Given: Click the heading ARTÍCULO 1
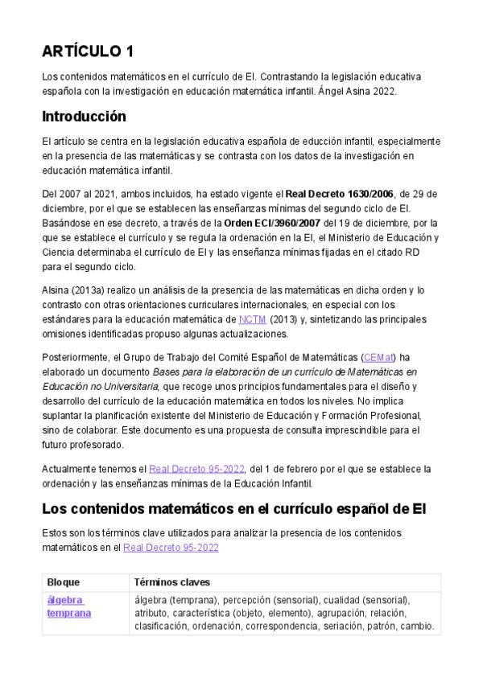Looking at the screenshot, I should pyautogui.click(x=88, y=51).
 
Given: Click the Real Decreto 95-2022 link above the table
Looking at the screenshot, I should pyautogui.click(x=171, y=547).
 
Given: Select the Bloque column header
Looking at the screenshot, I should pyautogui.click(x=64, y=582).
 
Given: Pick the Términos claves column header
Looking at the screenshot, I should pyautogui.click(x=172, y=582).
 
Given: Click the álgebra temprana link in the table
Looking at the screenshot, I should pyautogui.click(x=68, y=606).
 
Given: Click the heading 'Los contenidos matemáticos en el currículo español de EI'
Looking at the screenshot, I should pyautogui.click(x=233, y=509).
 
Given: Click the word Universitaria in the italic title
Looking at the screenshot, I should pyautogui.click(x=126, y=386).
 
